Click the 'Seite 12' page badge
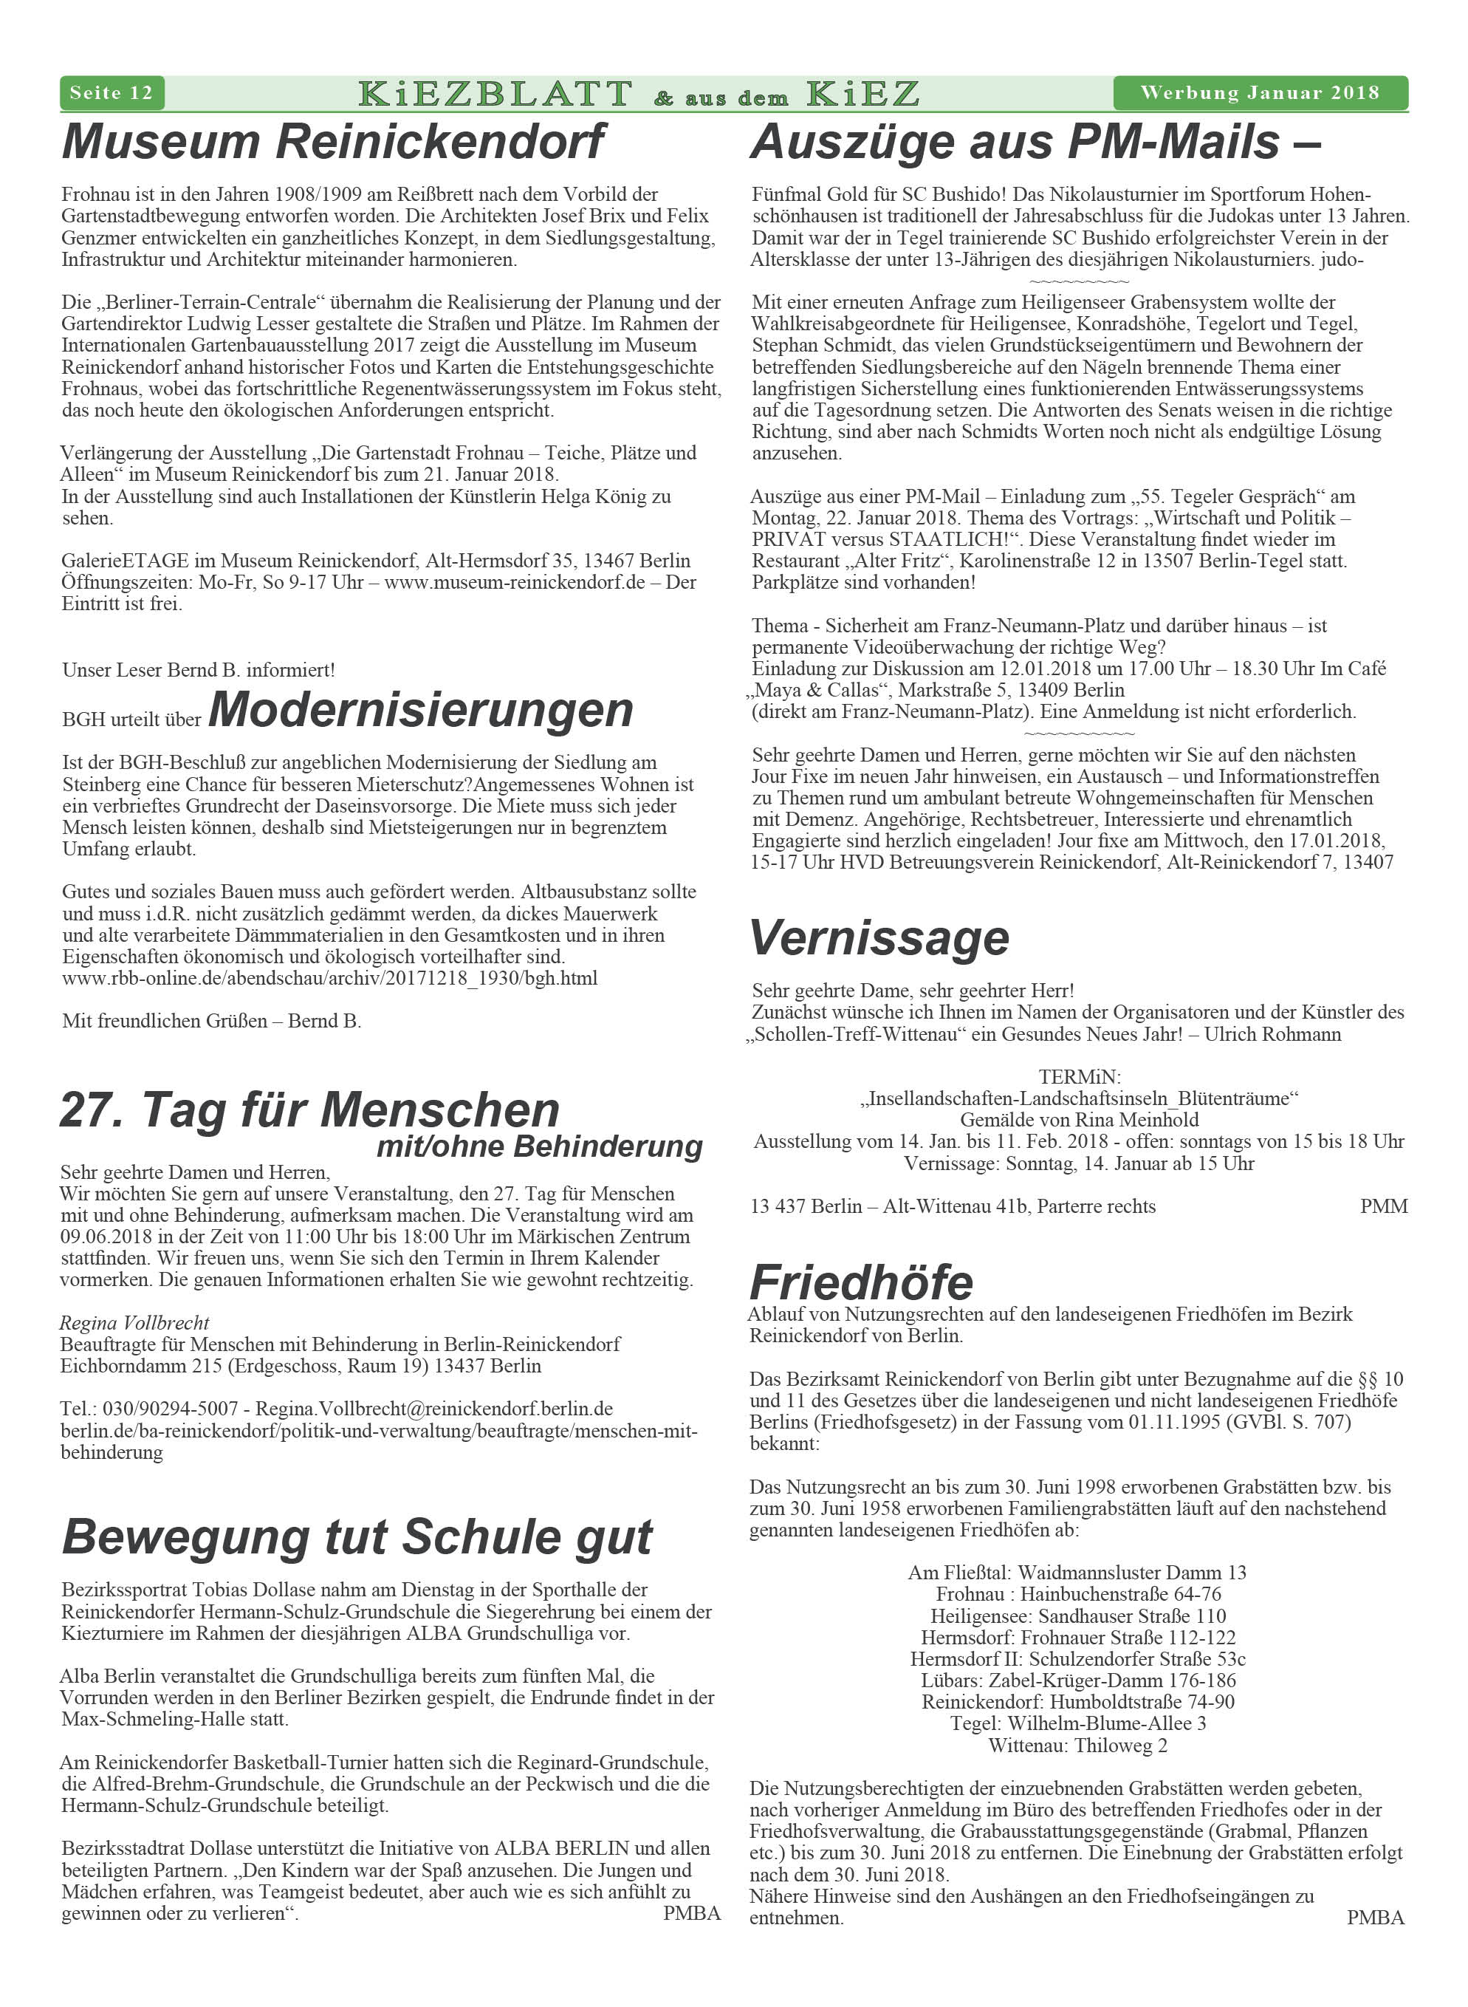111,92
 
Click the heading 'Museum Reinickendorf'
333,143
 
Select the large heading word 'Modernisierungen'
420,710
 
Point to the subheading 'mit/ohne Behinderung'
539,1146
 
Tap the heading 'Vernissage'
879,937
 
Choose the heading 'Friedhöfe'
861,1282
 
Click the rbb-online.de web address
329,979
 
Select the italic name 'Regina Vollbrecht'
134,1322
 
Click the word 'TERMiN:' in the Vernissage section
1079,1077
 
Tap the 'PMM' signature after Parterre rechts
1382,1206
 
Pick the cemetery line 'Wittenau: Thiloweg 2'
1077,1745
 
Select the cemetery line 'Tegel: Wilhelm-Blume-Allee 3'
1077,1723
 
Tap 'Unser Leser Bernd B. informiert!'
198,669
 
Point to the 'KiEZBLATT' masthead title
495,93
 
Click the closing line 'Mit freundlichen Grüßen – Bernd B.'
211,1020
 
